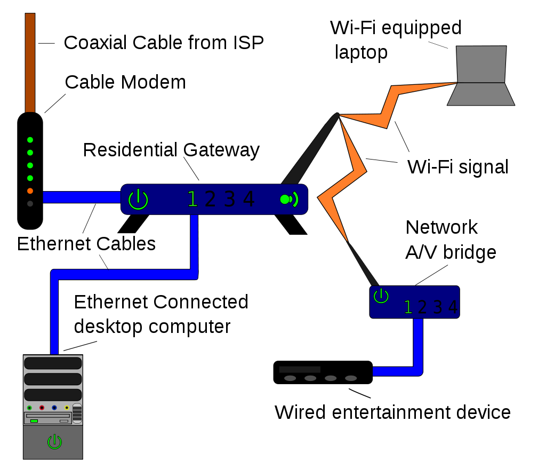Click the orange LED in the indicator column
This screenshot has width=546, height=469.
click(x=30, y=191)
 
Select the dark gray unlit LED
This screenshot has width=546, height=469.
click(x=30, y=204)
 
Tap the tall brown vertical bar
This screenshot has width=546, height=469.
click(x=30, y=63)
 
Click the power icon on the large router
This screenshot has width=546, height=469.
click(x=138, y=200)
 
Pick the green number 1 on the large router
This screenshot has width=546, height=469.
click(x=192, y=200)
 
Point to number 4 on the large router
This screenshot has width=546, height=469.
click(x=248, y=200)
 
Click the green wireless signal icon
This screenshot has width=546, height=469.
click(x=288, y=200)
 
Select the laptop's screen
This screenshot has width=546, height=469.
click(x=481, y=64)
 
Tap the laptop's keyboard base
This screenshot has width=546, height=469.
click(x=481, y=94)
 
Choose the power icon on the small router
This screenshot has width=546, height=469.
click(x=381, y=296)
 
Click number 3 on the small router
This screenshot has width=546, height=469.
click(x=438, y=307)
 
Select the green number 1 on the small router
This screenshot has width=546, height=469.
click(x=408, y=307)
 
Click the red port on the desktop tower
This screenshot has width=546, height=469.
click(x=42, y=408)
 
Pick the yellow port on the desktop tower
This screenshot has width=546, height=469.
click(x=67, y=408)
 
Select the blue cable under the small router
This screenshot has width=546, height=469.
click(x=418, y=347)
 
